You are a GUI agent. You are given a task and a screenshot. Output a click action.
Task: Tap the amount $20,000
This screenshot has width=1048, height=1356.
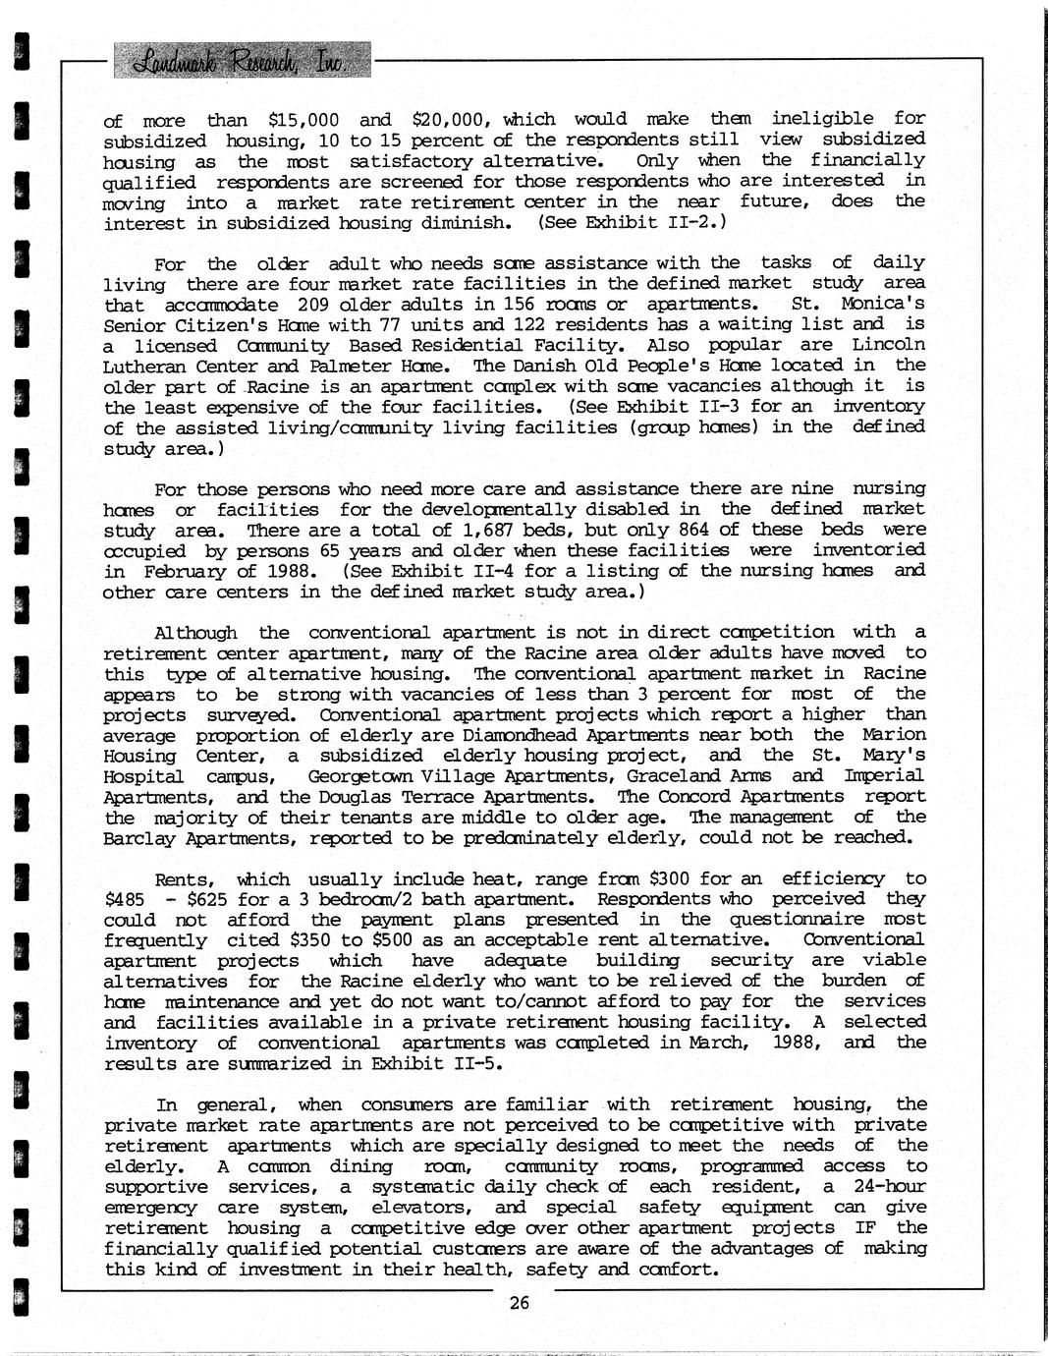point(449,120)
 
